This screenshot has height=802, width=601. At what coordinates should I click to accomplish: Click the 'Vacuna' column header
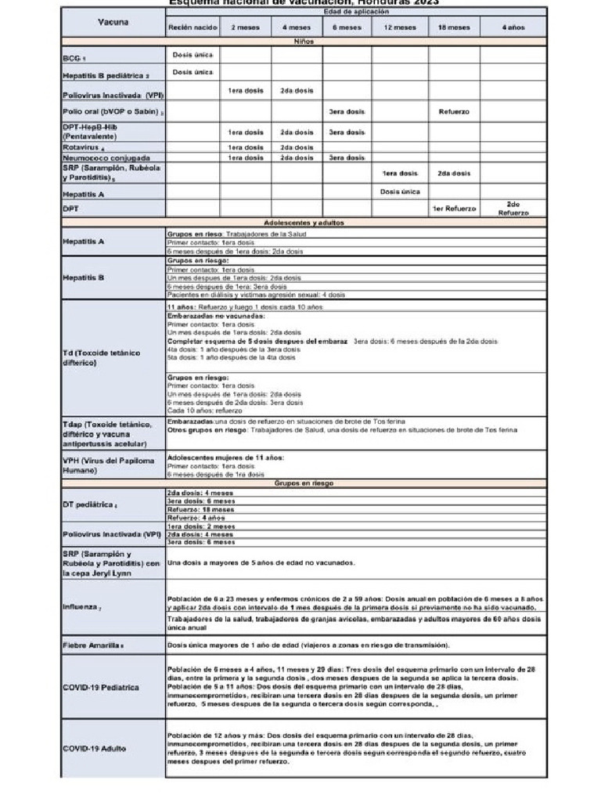click(113, 22)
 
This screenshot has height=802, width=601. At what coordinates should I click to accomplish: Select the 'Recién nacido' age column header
click(192, 27)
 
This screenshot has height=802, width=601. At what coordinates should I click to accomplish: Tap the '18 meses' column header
click(453, 27)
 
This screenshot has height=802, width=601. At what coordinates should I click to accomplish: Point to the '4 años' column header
click(513, 27)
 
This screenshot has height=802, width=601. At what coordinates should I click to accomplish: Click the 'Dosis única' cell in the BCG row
click(192, 55)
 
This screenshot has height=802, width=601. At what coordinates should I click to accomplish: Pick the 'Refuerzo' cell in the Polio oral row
click(454, 111)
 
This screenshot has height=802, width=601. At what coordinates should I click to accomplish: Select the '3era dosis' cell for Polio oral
click(346, 111)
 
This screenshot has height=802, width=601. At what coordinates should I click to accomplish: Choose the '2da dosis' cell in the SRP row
click(454, 173)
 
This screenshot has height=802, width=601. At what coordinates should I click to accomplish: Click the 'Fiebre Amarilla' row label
click(93, 645)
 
